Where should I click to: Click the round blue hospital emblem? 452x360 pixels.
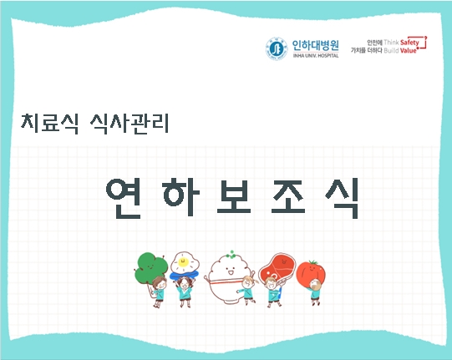pyautogui.click(x=275, y=48)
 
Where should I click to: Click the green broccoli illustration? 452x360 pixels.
pyautogui.click(x=149, y=265)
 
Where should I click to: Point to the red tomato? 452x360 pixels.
pyautogui.click(x=315, y=271)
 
